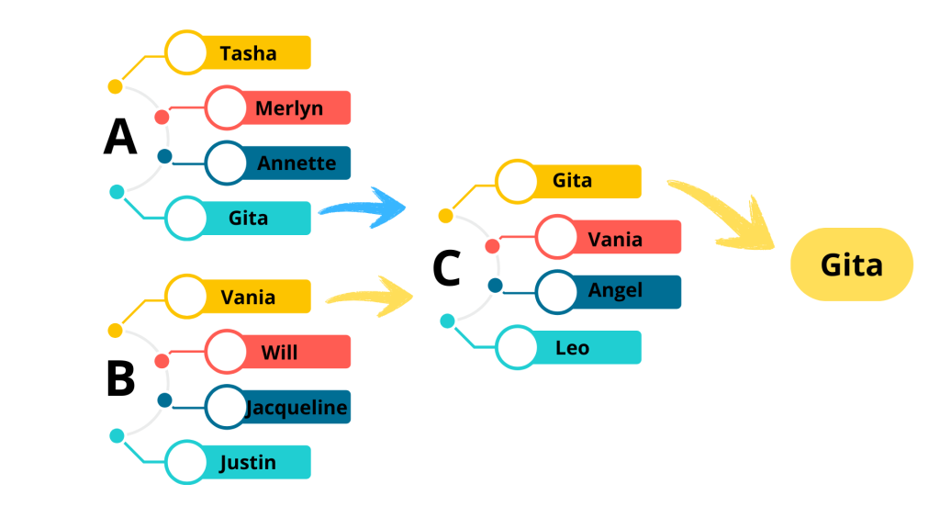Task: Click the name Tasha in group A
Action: pyautogui.click(x=248, y=53)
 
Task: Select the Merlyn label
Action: pyautogui.click(x=289, y=108)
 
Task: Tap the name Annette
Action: pyautogui.click(x=297, y=163)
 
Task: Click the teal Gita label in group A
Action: pyautogui.click(x=248, y=219)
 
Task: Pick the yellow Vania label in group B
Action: pyautogui.click(x=248, y=298)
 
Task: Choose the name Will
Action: pyautogui.click(x=279, y=353)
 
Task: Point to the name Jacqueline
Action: pyautogui.click(x=297, y=408)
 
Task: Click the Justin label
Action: pyautogui.click(x=248, y=462)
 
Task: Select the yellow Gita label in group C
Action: pyautogui.click(x=572, y=181)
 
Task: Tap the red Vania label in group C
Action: pyautogui.click(x=615, y=239)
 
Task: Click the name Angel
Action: pyautogui.click(x=615, y=291)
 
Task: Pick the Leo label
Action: pyautogui.click(x=572, y=348)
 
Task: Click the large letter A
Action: pyautogui.click(x=120, y=138)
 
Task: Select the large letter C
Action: pyautogui.click(x=446, y=268)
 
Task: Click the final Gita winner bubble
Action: pyautogui.click(x=851, y=264)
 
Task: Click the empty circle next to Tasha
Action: pyautogui.click(x=185, y=53)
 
